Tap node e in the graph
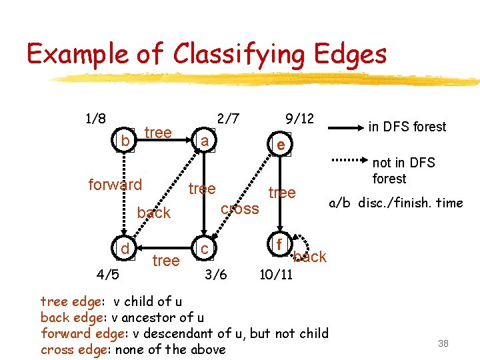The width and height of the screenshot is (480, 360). tap(281, 145)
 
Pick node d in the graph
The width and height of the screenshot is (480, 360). tap(125, 249)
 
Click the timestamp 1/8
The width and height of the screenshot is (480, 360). tap(95, 119)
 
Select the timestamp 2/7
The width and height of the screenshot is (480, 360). tap(229, 119)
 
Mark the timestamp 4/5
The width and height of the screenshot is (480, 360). tap(107, 273)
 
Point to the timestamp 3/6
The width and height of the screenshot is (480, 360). tap(215, 273)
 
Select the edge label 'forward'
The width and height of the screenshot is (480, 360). tap(115, 184)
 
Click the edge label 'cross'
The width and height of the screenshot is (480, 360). tap(239, 209)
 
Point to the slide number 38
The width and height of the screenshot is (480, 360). tap(443, 343)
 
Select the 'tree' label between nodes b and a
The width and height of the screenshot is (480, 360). tap(158, 132)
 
